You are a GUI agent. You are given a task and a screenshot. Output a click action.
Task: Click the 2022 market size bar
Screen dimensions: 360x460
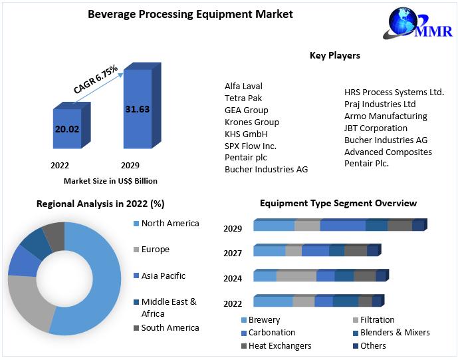[67, 128]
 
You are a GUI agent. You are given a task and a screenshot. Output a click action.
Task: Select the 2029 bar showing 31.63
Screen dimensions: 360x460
[137, 108]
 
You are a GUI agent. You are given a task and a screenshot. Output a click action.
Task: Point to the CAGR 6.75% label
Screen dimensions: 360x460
[96, 79]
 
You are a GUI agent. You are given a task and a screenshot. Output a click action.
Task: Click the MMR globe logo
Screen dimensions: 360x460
[403, 23]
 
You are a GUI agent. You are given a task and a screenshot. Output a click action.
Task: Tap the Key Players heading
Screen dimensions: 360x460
[335, 55]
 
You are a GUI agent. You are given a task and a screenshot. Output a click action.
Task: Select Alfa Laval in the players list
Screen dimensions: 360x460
[243, 86]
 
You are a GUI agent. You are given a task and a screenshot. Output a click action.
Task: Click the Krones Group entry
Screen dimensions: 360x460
[252, 122]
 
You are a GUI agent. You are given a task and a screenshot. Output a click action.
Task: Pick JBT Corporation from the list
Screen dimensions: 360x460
[376, 128]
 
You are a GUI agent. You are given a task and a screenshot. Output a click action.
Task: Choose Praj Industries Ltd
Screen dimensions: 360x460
[380, 104]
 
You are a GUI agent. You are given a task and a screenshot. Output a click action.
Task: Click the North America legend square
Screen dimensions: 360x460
[136, 224]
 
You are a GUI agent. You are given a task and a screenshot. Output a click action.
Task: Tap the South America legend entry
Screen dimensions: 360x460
[170, 327]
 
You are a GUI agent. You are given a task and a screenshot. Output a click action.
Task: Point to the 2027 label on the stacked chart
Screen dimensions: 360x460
[233, 253]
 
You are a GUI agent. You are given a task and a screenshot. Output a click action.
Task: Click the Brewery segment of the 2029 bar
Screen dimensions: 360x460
[274, 226]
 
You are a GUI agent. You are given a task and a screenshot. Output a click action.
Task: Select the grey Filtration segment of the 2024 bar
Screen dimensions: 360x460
[296, 276]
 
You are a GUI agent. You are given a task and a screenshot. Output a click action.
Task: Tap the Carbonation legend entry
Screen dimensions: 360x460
[271, 332]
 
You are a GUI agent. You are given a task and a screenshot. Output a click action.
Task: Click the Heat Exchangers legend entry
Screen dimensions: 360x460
[279, 345]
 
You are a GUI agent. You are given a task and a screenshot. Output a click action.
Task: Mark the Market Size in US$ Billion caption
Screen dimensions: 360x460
[110, 180]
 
